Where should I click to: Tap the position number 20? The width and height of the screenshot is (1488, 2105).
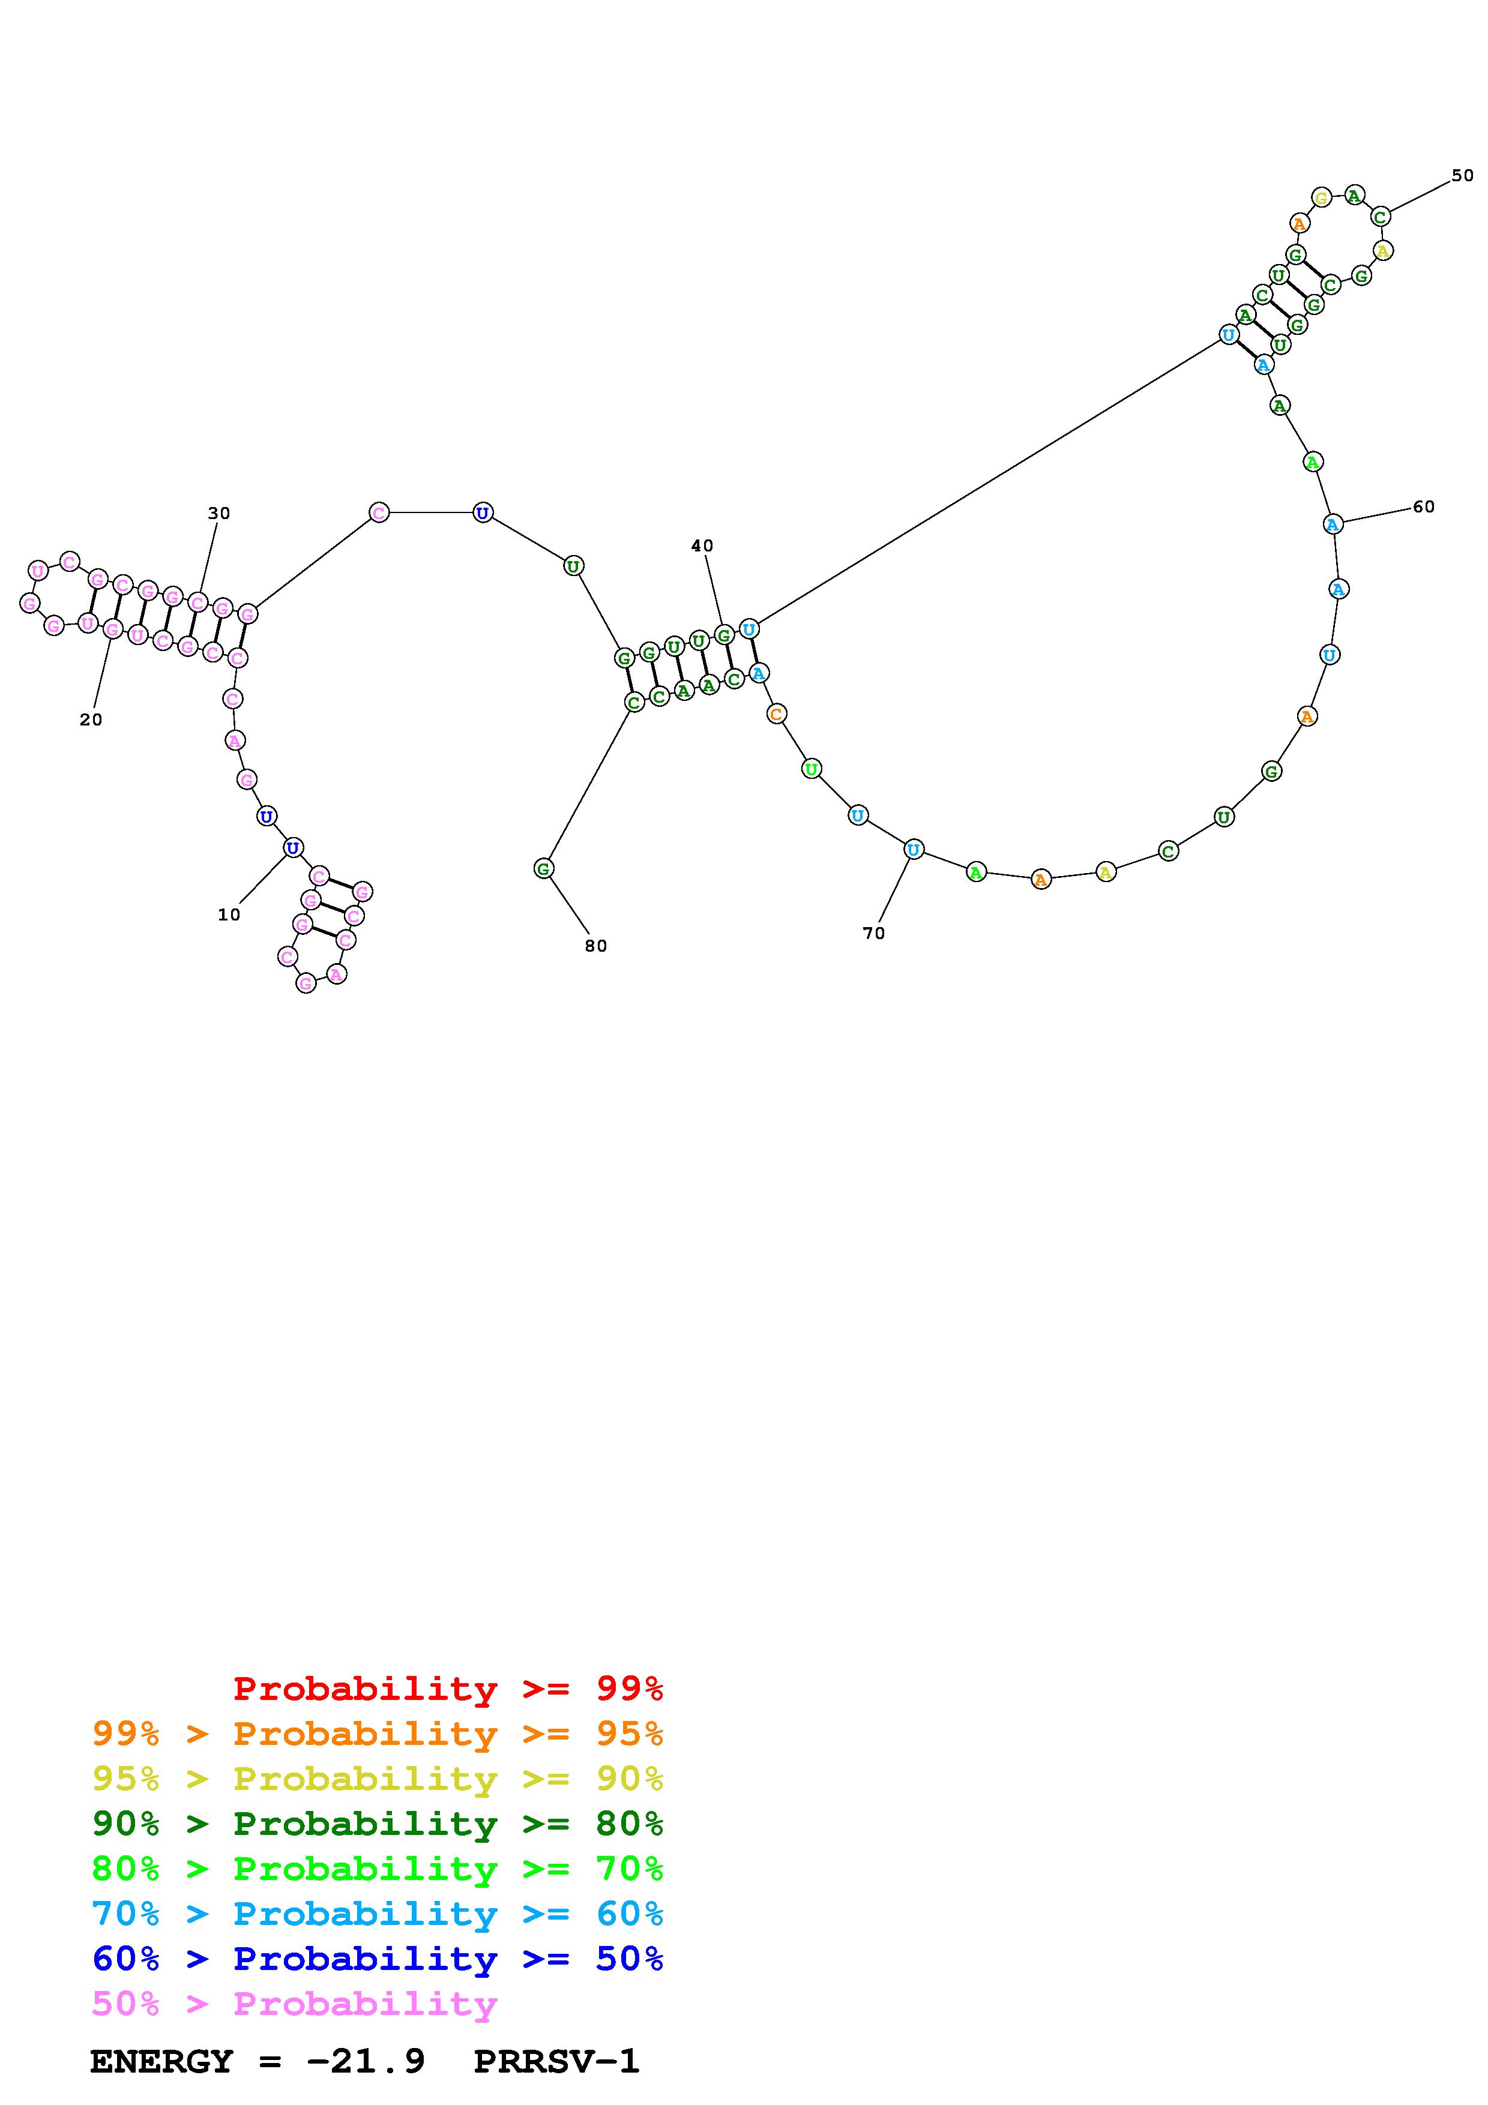pyautogui.click(x=91, y=719)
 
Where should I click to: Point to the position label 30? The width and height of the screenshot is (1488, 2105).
pyautogui.click(x=219, y=514)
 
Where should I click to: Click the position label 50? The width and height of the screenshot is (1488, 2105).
pyautogui.click(x=1462, y=175)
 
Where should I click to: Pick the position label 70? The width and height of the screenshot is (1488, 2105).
pyautogui.click(x=874, y=932)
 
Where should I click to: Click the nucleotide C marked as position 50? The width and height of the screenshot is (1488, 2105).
pyautogui.click(x=1381, y=217)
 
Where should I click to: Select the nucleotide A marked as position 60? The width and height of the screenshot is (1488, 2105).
pyautogui.click(x=1333, y=523)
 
